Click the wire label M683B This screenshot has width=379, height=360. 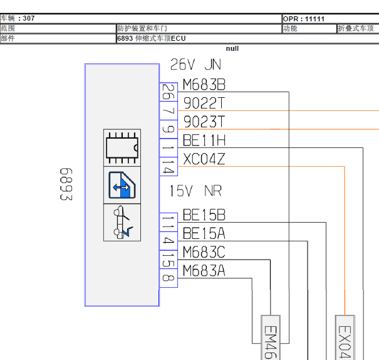tap(204, 85)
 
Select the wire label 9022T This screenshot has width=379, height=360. tap(204, 103)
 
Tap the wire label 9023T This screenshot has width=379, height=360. tap(204, 122)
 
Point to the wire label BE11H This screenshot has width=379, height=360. tap(204, 140)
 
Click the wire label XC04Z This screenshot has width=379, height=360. tap(204, 159)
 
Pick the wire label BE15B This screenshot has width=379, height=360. tap(204, 215)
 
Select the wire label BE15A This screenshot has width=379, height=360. tap(204, 233)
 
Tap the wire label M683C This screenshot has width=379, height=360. tap(204, 252)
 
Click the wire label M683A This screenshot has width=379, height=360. tap(204, 271)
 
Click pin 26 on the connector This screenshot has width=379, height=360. tap(169, 92)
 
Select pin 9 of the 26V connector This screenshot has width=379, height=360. tap(169, 129)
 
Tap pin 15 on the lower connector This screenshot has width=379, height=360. tap(169, 260)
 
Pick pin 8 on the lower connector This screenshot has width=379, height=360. tap(169, 278)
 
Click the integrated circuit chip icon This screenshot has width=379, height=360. tap(122, 148)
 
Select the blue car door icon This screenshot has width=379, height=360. tap(122, 185)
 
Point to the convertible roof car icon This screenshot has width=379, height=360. tap(122, 223)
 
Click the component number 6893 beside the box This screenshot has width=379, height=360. tap(66, 184)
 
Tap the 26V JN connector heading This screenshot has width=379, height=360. tap(195, 65)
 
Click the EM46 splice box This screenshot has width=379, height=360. tap(271, 337)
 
